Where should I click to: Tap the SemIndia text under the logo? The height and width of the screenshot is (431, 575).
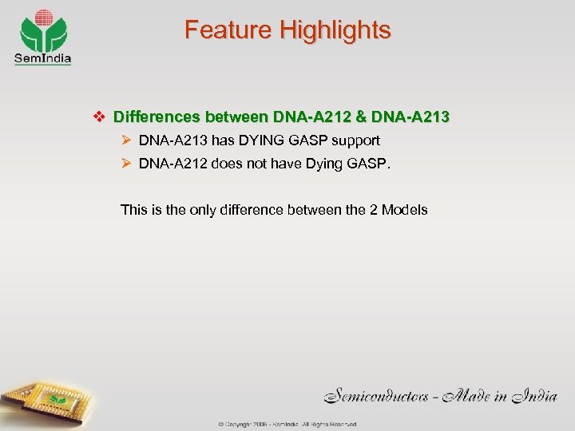[42, 57]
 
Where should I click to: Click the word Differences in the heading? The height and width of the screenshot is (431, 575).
[157, 117]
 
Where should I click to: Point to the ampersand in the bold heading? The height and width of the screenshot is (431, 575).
[360, 117]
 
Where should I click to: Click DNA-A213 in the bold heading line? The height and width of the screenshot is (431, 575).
[410, 117]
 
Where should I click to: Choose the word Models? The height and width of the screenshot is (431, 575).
[405, 210]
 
